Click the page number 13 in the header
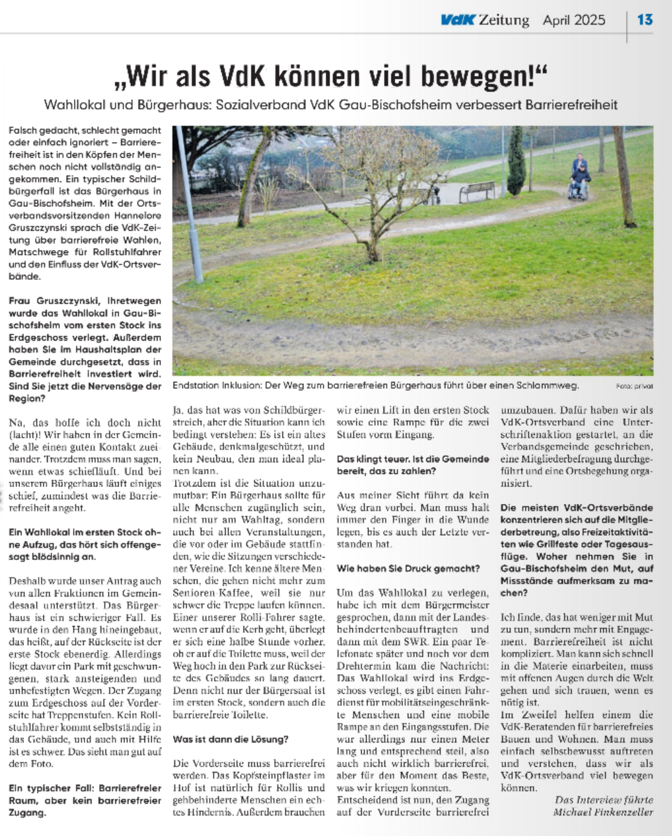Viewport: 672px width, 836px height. click(645, 19)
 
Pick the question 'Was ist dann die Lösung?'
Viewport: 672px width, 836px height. click(231, 739)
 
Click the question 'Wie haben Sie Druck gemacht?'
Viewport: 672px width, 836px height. click(408, 569)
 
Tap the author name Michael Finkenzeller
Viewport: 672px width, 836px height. click(603, 812)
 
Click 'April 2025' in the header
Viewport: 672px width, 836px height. click(574, 19)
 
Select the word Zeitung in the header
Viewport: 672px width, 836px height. click(504, 19)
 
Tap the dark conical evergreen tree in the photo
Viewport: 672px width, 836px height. click(516, 163)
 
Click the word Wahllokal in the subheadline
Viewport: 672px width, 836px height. click(76, 104)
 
